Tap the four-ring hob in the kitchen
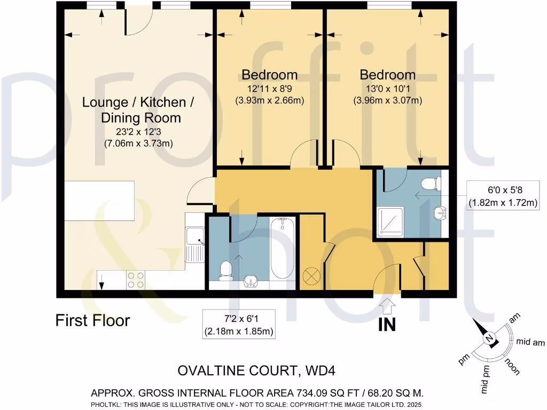point(136,280)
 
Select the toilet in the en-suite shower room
point(431,184)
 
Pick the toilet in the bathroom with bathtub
point(226,269)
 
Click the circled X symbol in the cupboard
point(311,276)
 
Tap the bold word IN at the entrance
point(387,325)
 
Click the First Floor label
point(93,320)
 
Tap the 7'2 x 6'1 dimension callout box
point(239,325)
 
